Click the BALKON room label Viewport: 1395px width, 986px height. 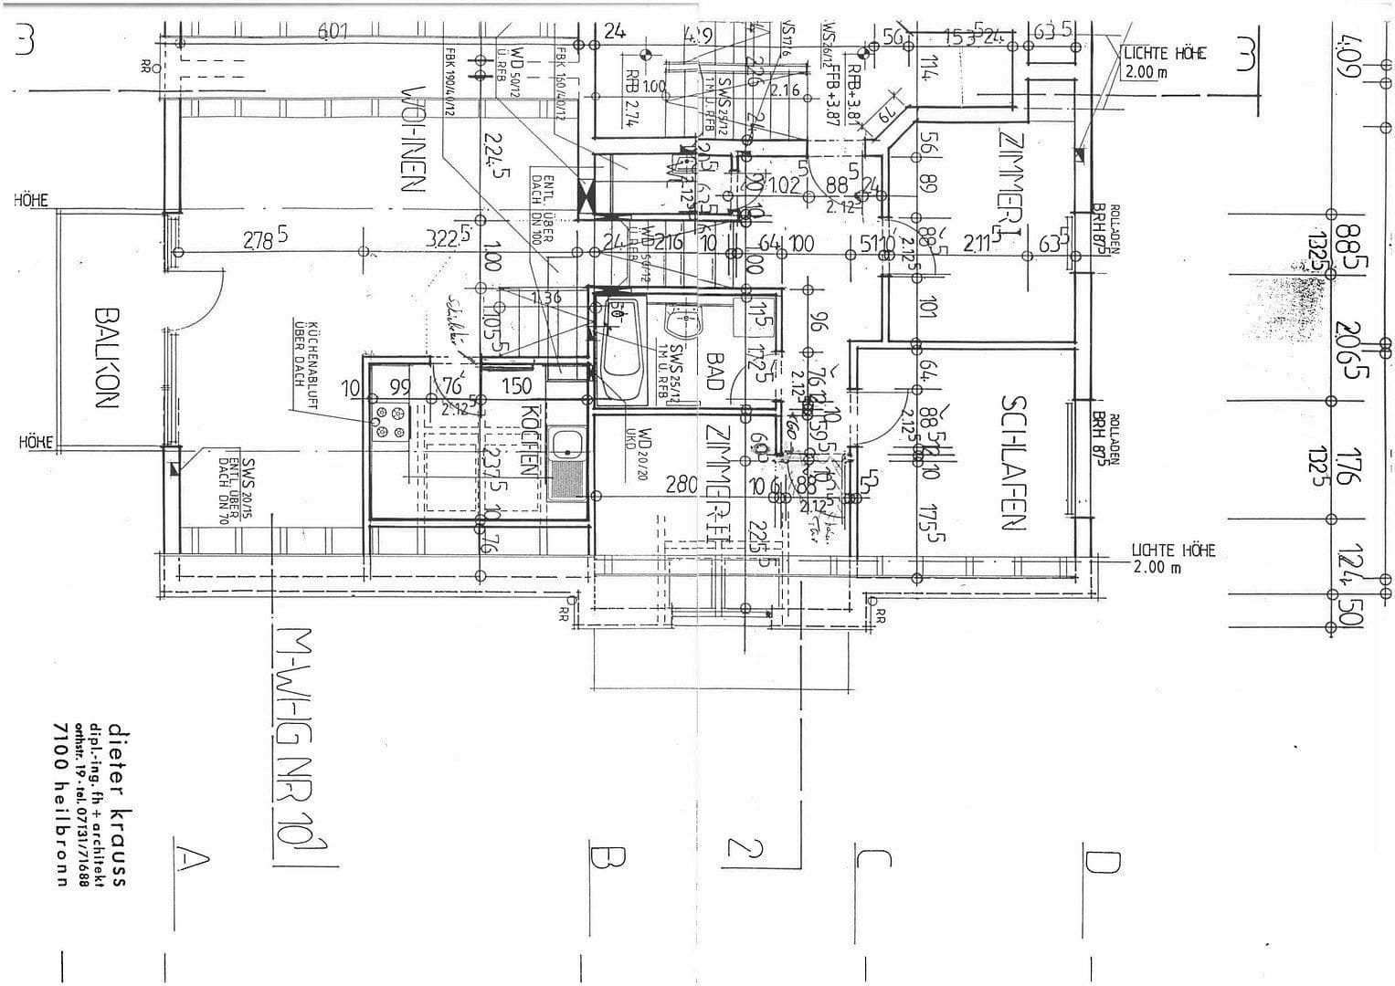coord(106,357)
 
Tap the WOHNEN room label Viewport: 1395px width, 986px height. coord(414,138)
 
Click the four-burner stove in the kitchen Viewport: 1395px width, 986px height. coord(391,423)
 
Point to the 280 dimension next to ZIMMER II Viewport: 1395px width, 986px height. coord(681,484)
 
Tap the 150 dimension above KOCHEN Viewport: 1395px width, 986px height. coord(516,387)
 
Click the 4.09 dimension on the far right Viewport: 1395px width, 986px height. coord(1349,55)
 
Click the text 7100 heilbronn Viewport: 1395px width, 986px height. coord(61,803)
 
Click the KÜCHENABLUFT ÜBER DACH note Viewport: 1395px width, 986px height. coord(304,352)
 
